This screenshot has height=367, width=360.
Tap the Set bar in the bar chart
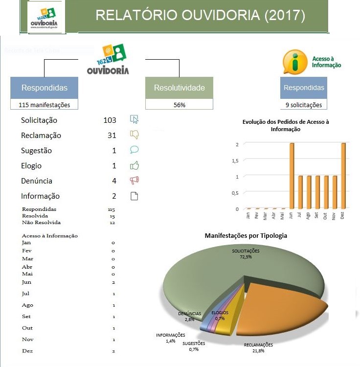pyautogui.click(x=317, y=192)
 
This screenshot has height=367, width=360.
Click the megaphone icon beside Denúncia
pyautogui.click(x=135, y=181)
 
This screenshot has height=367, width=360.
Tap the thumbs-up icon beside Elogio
pyautogui.click(x=135, y=165)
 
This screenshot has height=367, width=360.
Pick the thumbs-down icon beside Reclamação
pyautogui.click(x=135, y=135)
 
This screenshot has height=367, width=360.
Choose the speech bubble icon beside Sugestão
pyautogui.click(x=135, y=150)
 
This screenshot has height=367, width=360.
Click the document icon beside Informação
pyautogui.click(x=135, y=196)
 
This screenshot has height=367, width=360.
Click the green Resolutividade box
pyautogui.click(x=179, y=88)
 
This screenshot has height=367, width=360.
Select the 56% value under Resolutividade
pyautogui.click(x=179, y=105)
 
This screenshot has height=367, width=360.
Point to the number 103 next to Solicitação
pyautogui.click(x=110, y=120)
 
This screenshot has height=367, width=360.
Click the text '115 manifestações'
pyautogui.click(x=45, y=105)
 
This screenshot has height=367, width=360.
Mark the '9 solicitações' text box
pyautogui.click(x=304, y=105)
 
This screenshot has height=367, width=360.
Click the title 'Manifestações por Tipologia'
pyautogui.click(x=246, y=235)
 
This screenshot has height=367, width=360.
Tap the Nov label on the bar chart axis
pyautogui.click(x=334, y=215)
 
